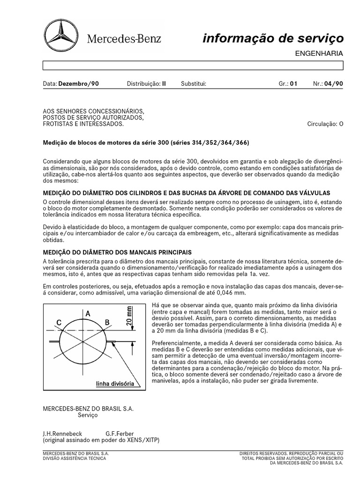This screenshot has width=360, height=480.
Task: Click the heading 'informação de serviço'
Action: [273, 38]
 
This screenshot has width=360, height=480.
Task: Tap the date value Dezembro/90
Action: [78, 84]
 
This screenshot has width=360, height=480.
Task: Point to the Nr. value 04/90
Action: [335, 84]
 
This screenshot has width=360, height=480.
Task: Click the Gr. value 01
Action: [294, 84]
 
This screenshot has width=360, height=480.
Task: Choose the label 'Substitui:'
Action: [193, 84]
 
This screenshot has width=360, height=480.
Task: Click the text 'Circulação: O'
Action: [325, 124]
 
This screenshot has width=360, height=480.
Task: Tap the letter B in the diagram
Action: [106, 322]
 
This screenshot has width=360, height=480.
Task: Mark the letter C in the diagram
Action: [59, 322]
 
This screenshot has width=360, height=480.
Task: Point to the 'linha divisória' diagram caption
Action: [115, 383]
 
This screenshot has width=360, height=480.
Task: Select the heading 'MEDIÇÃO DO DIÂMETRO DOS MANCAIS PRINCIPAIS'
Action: [117, 252]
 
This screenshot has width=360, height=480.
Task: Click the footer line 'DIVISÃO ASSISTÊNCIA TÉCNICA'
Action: [75, 458]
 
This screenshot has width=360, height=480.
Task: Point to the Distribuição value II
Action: [164, 84]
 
